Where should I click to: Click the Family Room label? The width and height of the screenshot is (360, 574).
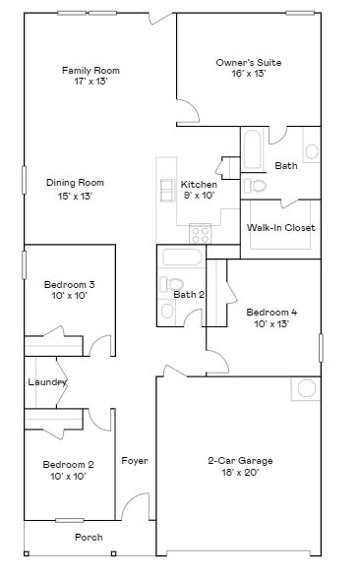pyautogui.click(x=90, y=70)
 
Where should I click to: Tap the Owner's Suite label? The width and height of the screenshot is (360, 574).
pyautogui.click(x=249, y=62)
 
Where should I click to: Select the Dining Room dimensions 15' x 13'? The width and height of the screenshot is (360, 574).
pyautogui.click(x=75, y=197)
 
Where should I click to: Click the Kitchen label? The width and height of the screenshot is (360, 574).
pyautogui.click(x=199, y=184)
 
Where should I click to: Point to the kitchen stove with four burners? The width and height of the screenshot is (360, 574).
pyautogui.click(x=201, y=234)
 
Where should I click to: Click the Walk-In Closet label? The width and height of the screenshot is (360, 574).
pyautogui.click(x=280, y=227)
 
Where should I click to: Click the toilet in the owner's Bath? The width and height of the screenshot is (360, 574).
pyautogui.click(x=257, y=185)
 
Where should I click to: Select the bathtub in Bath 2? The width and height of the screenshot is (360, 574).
pyautogui.click(x=182, y=258)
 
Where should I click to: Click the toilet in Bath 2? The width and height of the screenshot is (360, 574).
pyautogui.click(x=163, y=286)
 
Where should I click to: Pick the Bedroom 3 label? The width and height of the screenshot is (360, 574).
pyautogui.click(x=69, y=285)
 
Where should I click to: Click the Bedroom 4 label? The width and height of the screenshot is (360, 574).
pyautogui.click(x=271, y=311)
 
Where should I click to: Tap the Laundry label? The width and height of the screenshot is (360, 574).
pyautogui.click(x=47, y=381)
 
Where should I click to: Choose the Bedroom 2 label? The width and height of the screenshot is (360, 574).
pyautogui.click(x=69, y=464)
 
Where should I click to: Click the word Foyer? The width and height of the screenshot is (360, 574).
pyautogui.click(x=135, y=460)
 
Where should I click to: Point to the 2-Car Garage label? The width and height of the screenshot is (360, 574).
pyautogui.click(x=240, y=460)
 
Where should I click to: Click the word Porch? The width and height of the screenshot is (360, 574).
pyautogui.click(x=89, y=538)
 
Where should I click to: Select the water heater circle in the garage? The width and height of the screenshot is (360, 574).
pyautogui.click(x=306, y=387)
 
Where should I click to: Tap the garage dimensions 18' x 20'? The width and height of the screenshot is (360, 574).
pyautogui.click(x=240, y=473)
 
